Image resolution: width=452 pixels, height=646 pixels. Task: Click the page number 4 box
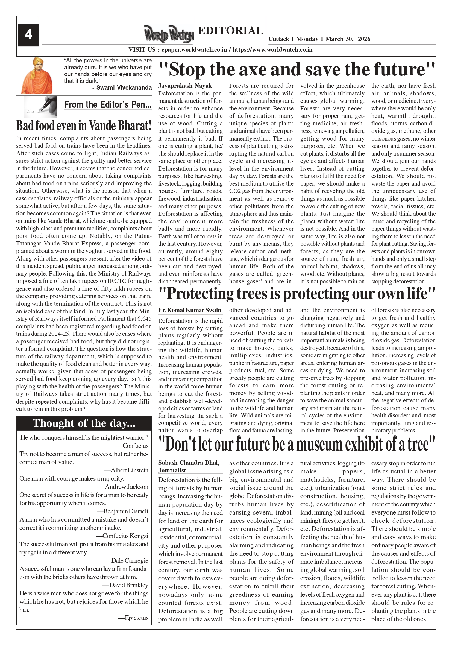(28, 35)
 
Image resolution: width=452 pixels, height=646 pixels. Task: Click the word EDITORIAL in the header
(230, 30)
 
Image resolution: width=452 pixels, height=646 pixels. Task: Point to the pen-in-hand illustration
(41, 107)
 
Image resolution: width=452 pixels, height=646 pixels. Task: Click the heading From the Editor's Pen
(108, 104)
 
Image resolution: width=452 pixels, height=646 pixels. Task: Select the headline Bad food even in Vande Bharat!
(84, 125)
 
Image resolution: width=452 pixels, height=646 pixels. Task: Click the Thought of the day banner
(84, 423)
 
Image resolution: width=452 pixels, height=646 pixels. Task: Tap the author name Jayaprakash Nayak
(185, 86)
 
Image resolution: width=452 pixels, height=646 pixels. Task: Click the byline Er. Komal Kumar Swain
(190, 310)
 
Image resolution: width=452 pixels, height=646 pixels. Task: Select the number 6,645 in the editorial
(144, 319)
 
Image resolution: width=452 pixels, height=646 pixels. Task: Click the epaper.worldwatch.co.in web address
(194, 50)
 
